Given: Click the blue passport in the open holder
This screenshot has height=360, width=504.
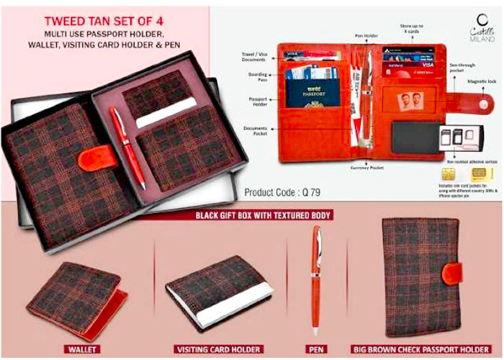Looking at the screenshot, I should coord(313,92).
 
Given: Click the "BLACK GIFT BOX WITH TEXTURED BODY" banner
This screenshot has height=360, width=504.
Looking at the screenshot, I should coord(268,215).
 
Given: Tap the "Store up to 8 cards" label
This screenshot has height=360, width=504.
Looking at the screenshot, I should coord(411,29).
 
